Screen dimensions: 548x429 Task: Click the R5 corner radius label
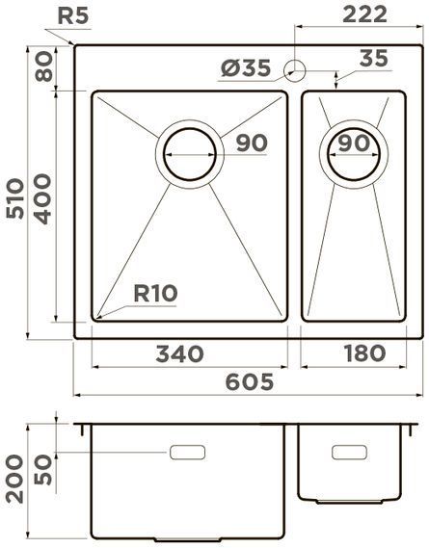[x=75, y=15]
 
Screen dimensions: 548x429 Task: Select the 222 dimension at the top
[x=363, y=13]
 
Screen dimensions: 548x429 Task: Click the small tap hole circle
[x=297, y=69]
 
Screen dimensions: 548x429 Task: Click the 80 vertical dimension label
[x=42, y=68]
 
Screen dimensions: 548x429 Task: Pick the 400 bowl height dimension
[x=42, y=198]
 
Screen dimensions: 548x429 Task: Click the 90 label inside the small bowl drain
[x=354, y=144]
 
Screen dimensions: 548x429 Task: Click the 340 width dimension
[x=179, y=353]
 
